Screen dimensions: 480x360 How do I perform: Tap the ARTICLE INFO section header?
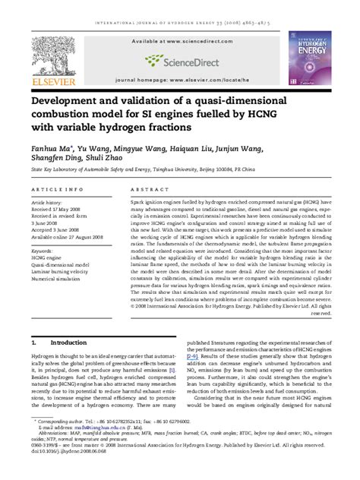(x=52, y=189)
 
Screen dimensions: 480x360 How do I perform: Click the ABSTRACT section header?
(x=147, y=189)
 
